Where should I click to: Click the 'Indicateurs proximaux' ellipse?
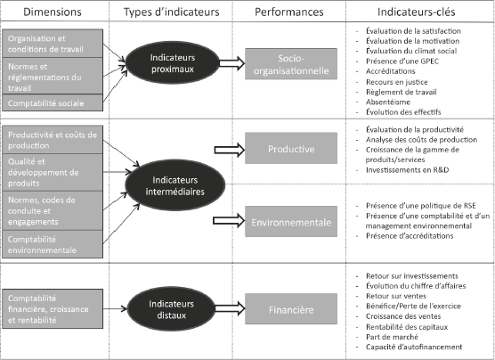click(x=173, y=62)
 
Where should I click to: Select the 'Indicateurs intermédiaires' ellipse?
click(x=174, y=185)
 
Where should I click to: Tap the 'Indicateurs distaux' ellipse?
click(x=171, y=309)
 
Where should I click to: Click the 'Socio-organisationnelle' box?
click(x=291, y=64)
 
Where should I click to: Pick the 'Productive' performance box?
click(x=291, y=148)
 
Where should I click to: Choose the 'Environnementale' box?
click(x=291, y=222)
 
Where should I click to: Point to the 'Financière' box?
click(x=291, y=309)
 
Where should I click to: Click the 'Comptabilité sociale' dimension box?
click(x=53, y=102)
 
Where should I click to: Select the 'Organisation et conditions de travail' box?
click(x=53, y=44)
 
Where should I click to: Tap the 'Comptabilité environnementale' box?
click(x=53, y=244)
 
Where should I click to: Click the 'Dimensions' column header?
click(x=53, y=12)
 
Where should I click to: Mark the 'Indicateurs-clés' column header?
click(x=417, y=12)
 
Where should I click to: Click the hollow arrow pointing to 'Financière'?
click(x=230, y=308)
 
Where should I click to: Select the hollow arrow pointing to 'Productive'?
click(x=230, y=150)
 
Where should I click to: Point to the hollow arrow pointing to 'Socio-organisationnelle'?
click(x=232, y=63)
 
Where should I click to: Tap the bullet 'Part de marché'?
click(x=392, y=337)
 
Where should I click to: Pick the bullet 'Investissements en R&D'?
click(x=407, y=170)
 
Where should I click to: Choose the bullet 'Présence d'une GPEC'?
click(x=402, y=61)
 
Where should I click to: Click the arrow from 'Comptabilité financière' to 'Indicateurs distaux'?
click(x=115, y=308)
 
